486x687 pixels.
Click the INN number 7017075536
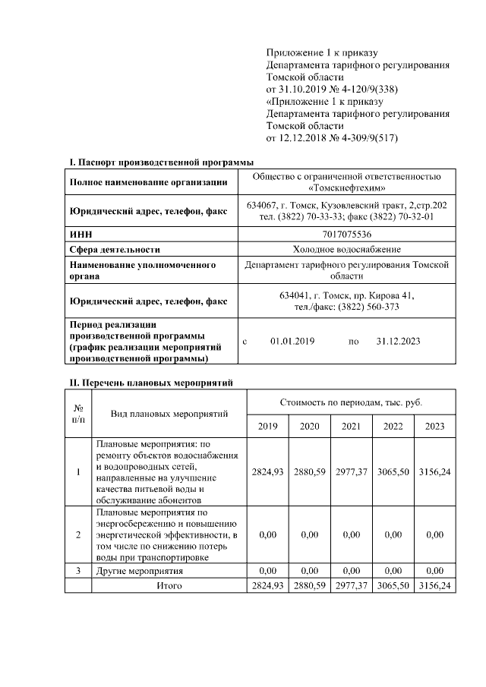click(x=346, y=235)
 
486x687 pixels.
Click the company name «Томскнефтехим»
click(x=346, y=188)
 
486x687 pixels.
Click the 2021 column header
click(x=351, y=427)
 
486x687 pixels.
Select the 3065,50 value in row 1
click(x=393, y=471)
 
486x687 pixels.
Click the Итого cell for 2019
click(x=267, y=586)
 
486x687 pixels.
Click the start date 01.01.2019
click(x=292, y=342)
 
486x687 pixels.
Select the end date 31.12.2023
click(x=398, y=342)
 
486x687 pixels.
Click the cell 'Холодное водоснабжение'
click(x=346, y=249)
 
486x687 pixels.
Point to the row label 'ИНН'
click(x=80, y=235)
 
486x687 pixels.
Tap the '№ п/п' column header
click(x=78, y=413)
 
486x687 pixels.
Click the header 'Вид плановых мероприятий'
click(x=169, y=413)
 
